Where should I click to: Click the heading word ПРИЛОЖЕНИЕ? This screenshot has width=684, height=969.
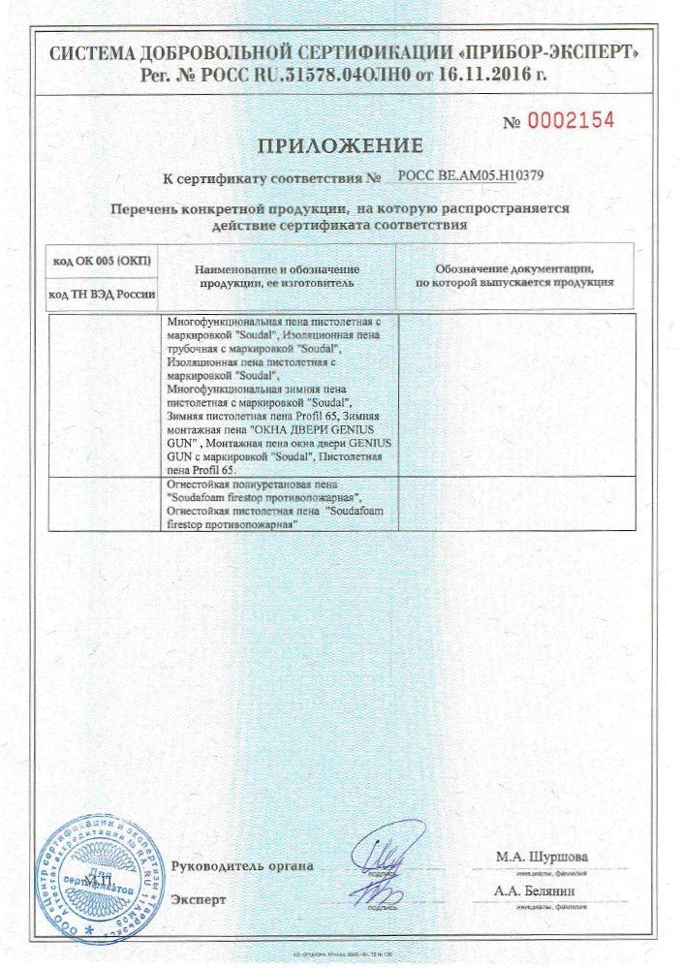[340, 146]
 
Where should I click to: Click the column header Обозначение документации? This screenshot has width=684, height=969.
[513, 267]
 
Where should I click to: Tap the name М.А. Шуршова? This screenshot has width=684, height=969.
[541, 857]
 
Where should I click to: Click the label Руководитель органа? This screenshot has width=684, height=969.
[242, 865]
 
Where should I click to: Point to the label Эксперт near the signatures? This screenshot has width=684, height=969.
[199, 899]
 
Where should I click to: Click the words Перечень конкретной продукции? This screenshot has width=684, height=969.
[229, 208]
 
